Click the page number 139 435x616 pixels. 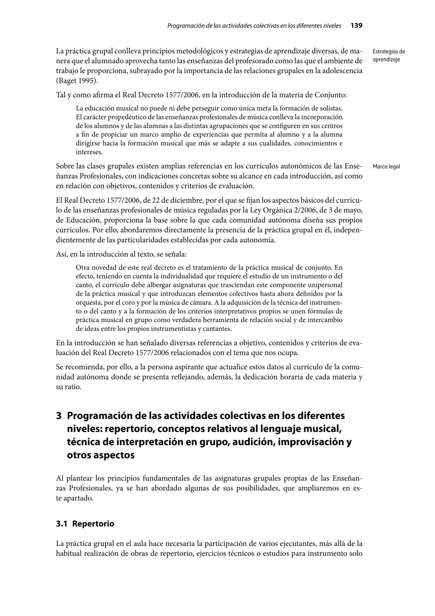click(x=356, y=26)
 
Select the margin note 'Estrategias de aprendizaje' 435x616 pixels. click(x=389, y=56)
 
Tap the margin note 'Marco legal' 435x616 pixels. click(x=386, y=167)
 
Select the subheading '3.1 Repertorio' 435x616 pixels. click(x=85, y=524)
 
